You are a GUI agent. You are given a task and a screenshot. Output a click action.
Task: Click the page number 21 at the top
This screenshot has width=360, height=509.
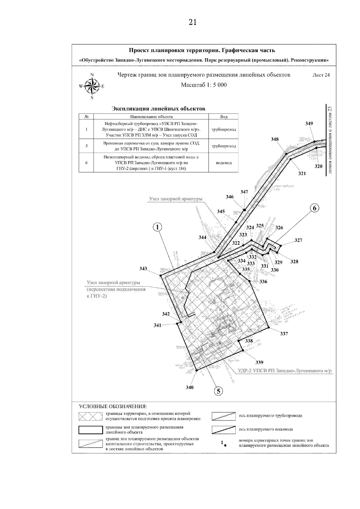193,22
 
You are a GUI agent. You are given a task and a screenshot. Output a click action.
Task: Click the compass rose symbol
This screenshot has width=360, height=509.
92,86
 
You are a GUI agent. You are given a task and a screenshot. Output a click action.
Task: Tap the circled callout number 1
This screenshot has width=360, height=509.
157,228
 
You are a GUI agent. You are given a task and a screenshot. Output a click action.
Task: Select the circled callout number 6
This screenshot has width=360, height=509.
314,208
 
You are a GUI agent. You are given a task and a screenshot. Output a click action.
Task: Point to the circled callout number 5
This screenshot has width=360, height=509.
219,391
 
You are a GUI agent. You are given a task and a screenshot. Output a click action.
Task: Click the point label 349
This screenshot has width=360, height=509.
309,124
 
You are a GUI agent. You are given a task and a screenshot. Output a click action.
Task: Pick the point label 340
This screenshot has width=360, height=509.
189,387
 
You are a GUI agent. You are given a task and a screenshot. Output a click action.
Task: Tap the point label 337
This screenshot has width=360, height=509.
284,334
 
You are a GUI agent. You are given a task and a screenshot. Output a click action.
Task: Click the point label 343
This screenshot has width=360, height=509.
143,268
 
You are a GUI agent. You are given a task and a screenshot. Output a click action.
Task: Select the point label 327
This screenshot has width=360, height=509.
298,240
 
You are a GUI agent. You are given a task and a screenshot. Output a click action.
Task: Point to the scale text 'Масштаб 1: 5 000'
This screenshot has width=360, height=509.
204,85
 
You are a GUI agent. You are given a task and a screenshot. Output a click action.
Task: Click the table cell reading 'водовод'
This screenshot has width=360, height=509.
223,163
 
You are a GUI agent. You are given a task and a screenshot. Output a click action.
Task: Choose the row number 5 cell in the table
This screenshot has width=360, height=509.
86,146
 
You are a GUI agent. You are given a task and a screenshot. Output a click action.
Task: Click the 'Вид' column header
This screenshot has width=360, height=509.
223,117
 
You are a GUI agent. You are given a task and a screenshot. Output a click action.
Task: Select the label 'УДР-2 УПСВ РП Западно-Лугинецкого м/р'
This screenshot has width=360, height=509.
285,371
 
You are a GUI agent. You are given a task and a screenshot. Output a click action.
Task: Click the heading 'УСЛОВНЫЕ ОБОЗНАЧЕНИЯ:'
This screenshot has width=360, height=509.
113,406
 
